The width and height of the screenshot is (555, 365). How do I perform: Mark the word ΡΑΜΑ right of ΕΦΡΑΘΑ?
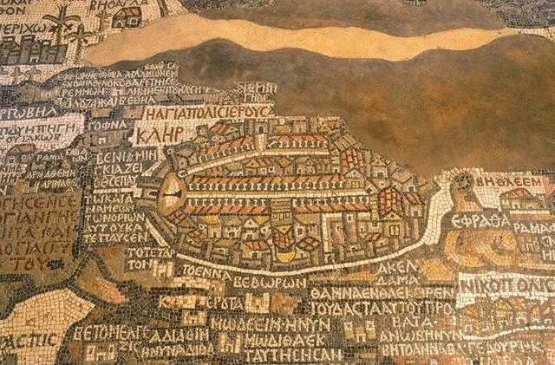point(535,227)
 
